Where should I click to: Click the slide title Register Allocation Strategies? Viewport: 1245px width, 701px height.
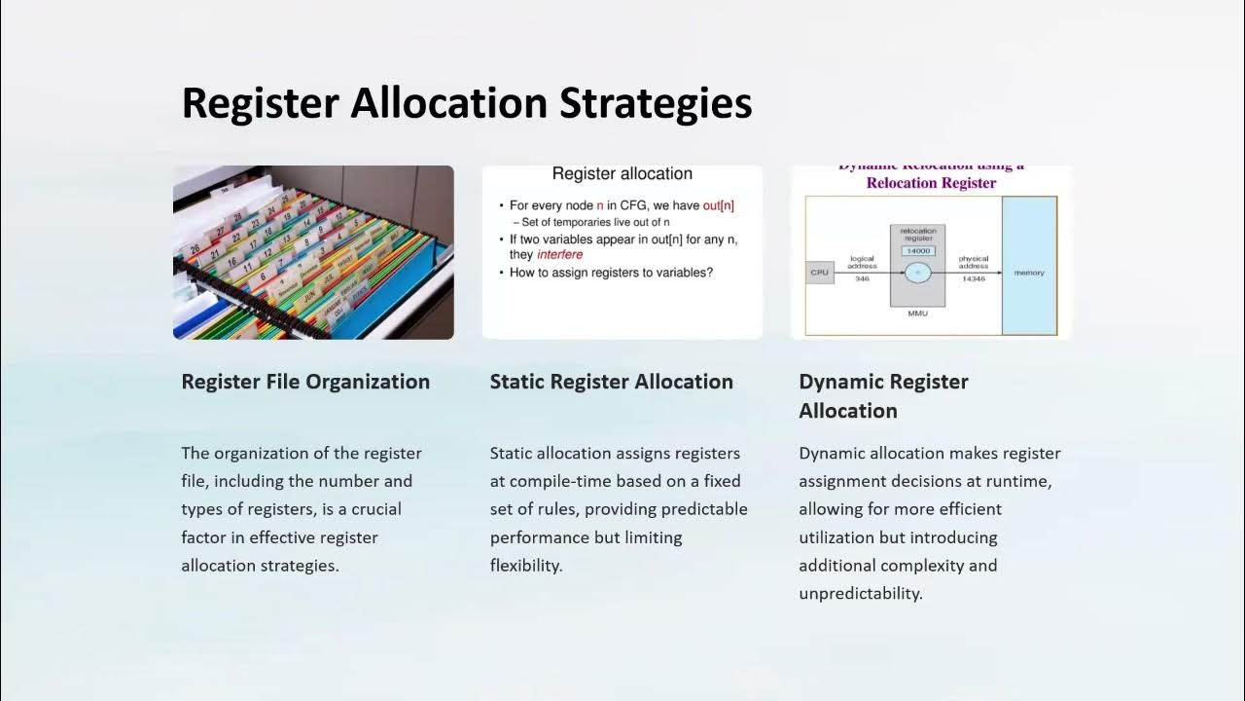tap(467, 103)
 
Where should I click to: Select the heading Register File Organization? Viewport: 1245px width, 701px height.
tap(305, 382)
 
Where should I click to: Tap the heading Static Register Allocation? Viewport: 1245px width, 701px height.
tap(611, 382)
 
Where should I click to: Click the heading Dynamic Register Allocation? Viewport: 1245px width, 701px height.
tap(883, 395)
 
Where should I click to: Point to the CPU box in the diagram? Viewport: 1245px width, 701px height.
tap(820, 273)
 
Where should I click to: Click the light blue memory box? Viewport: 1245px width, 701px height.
tap(1029, 273)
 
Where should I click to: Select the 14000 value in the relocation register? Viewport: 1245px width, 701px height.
tap(917, 251)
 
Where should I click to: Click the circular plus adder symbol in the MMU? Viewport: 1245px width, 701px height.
tap(917, 274)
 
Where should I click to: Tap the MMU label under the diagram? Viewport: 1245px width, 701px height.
tap(917, 314)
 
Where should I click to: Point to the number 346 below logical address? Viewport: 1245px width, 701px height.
tap(862, 279)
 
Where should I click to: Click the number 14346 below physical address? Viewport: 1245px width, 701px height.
tap(973, 279)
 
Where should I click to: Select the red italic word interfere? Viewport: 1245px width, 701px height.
tap(559, 254)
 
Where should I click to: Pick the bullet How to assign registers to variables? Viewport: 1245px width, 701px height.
tap(611, 273)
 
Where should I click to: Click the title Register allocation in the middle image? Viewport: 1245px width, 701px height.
tap(622, 174)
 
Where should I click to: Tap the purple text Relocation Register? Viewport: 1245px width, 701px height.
tap(931, 183)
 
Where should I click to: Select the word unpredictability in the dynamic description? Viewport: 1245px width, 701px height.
tap(860, 593)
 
